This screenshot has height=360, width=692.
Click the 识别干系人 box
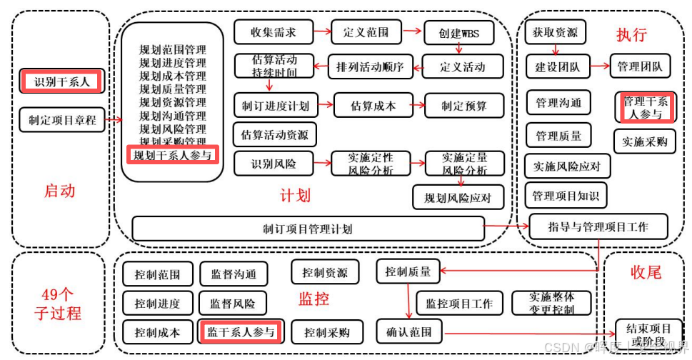tap(63, 81)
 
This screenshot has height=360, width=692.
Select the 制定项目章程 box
tap(62, 120)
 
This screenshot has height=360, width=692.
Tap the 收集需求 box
tap(273, 32)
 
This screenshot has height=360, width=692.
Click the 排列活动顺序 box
tap(370, 67)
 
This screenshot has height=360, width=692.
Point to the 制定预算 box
tap(463, 105)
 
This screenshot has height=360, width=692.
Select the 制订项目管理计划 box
tap(308, 229)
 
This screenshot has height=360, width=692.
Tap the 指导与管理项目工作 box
tap(598, 226)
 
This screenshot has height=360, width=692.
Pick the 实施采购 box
tap(644, 141)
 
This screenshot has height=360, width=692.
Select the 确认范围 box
tap(409, 331)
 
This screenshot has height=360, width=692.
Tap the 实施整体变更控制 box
tap(551, 303)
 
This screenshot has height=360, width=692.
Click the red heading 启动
tap(60, 191)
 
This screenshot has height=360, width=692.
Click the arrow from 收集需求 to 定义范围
tap(322, 32)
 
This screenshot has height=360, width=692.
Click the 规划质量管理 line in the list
tap(173, 89)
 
